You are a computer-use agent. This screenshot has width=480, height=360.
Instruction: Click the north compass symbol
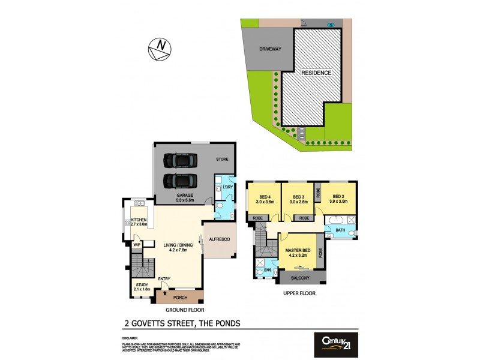(x=160, y=49)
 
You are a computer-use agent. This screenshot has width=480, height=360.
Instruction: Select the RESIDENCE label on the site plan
(x=316, y=73)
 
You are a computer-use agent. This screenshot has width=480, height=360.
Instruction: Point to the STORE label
(x=223, y=160)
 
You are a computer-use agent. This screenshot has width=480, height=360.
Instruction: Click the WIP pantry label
(x=137, y=245)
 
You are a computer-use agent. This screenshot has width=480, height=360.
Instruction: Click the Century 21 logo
(x=336, y=344)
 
